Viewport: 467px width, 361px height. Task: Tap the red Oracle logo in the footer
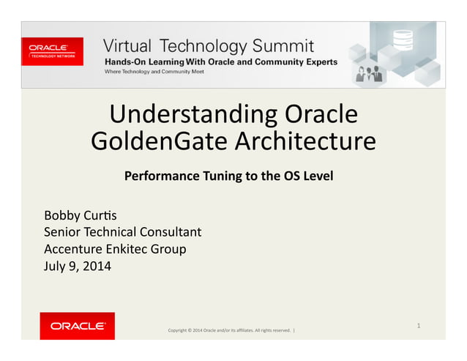(x=77, y=326)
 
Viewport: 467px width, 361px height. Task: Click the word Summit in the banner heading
(x=279, y=45)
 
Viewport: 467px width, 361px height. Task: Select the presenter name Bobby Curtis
(x=80, y=215)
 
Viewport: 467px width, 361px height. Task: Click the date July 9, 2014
(x=78, y=266)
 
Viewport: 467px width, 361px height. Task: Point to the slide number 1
(x=418, y=324)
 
